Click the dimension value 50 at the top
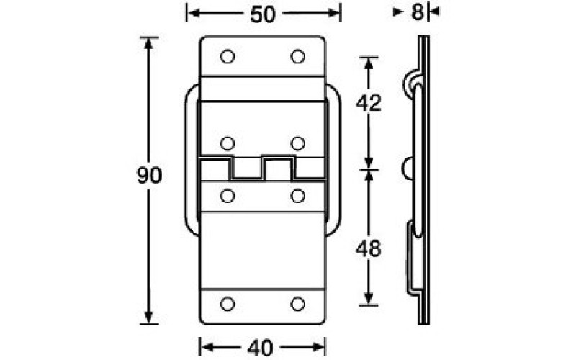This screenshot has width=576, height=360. (263, 14)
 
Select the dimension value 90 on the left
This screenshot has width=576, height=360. (149, 176)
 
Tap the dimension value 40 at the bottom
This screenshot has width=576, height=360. (261, 348)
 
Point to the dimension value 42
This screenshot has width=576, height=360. (369, 103)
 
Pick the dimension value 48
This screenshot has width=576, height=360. (369, 249)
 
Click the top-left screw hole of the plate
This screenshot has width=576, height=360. (228, 57)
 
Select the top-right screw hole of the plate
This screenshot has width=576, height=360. (298, 57)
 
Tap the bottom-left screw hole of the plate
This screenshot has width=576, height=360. (228, 304)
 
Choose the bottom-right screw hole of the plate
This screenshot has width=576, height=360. (298, 304)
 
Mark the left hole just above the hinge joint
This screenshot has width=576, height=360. (228, 142)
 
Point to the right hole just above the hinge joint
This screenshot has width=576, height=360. (298, 142)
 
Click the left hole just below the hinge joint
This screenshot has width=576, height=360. (228, 195)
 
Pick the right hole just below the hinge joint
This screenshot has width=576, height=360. (298, 195)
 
